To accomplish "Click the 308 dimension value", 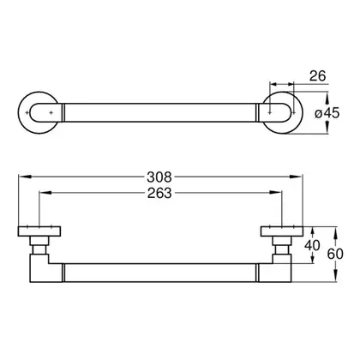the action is pyautogui.click(x=159, y=177).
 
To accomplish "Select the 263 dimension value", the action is pyautogui.click(x=159, y=193).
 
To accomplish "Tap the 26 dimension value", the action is pyautogui.click(x=317, y=76).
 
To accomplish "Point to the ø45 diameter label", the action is pyautogui.click(x=327, y=113).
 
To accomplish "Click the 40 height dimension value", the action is pyautogui.click(x=312, y=245).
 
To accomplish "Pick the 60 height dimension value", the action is pyautogui.click(x=335, y=254).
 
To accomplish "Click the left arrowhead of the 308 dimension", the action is pyautogui.click(x=25, y=177).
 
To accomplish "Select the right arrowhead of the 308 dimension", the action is pyautogui.click(x=296, y=177).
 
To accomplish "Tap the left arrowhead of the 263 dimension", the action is pyautogui.click(x=45, y=193).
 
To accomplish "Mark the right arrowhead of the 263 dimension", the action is pyautogui.click(x=276, y=193).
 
